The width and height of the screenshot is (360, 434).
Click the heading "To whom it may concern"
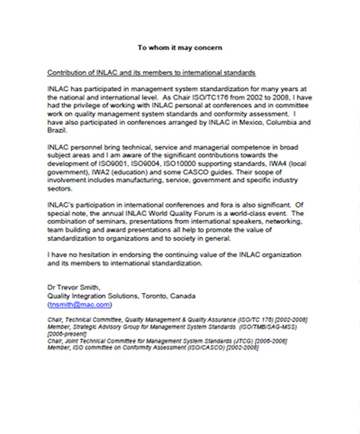coord(180,48)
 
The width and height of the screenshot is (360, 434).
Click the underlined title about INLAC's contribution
coord(151,73)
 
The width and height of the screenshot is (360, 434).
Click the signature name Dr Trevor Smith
coord(73,287)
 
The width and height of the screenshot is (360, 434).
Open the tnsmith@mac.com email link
coord(80,304)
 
